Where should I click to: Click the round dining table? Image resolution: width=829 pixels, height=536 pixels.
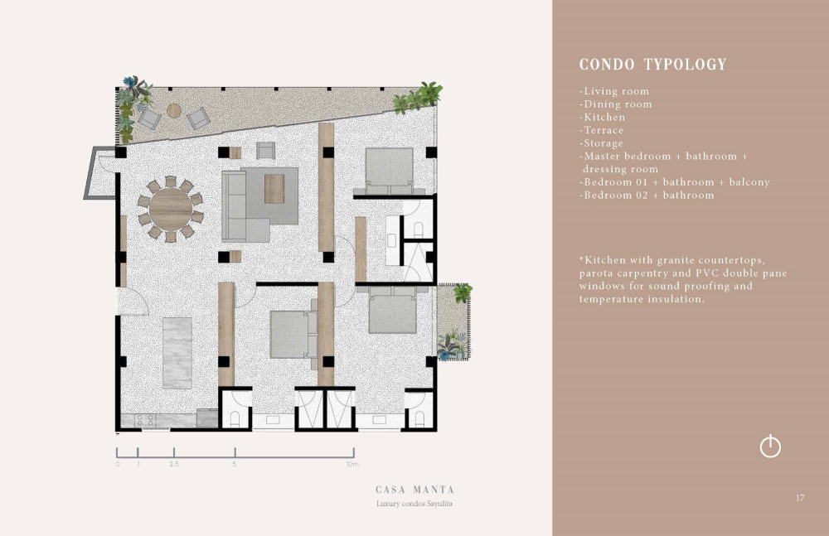click(171, 209)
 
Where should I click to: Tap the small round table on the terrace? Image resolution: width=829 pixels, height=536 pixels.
click(174, 110)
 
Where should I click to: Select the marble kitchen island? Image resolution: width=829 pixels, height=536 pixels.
click(177, 353)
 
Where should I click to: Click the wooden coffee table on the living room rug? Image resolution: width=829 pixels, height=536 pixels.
click(274, 188)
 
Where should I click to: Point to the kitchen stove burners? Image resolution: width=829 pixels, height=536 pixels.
click(145, 420)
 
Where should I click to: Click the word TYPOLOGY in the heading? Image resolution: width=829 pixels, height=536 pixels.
click(686, 65)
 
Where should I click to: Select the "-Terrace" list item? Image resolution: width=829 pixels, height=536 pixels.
click(601, 130)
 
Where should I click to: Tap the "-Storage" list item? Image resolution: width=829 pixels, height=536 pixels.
click(601, 143)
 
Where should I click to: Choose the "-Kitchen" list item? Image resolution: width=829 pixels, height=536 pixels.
click(602, 118)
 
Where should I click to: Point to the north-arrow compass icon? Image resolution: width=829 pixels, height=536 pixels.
click(770, 447)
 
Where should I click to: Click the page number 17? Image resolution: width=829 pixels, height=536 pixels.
click(800, 498)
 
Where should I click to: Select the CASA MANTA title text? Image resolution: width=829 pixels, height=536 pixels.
click(414, 490)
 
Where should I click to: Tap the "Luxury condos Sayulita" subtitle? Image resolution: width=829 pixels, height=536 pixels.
click(414, 504)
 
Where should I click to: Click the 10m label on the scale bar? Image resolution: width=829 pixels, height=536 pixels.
click(352, 464)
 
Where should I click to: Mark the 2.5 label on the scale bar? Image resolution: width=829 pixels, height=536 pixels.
click(174, 464)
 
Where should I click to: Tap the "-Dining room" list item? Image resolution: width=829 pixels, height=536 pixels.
click(615, 104)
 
